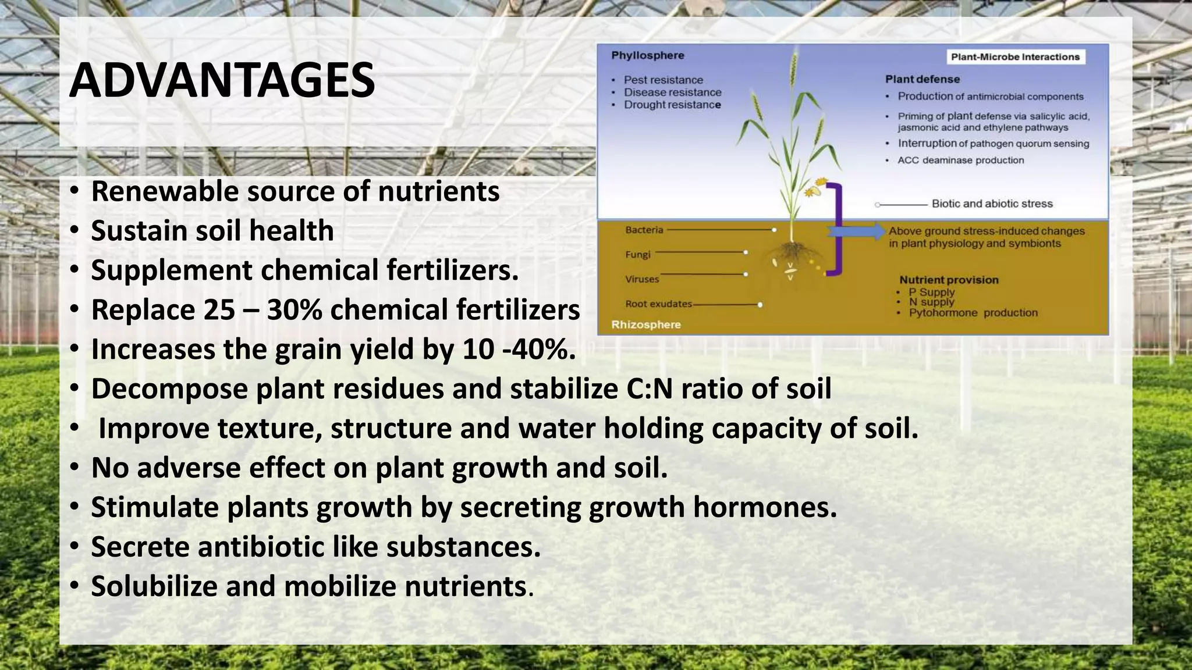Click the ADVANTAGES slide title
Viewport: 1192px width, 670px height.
[222, 81]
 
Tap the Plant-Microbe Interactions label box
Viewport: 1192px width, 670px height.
[1015, 57]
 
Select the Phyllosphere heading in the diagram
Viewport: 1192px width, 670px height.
[647, 56]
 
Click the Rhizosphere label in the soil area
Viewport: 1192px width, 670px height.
[645, 325]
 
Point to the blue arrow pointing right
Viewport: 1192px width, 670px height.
[856, 231]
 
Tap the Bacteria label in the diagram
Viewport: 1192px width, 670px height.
[644, 230]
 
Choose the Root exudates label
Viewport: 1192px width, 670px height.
[658, 304]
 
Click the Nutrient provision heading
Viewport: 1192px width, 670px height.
[949, 280]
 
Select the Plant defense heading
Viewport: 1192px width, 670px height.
[922, 79]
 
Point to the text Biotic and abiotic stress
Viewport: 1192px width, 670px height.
[992, 204]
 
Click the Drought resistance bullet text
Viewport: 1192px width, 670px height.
[672, 105]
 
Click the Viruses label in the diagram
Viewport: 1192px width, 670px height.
[642, 279]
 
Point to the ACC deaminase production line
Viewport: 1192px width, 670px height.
[960, 161]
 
